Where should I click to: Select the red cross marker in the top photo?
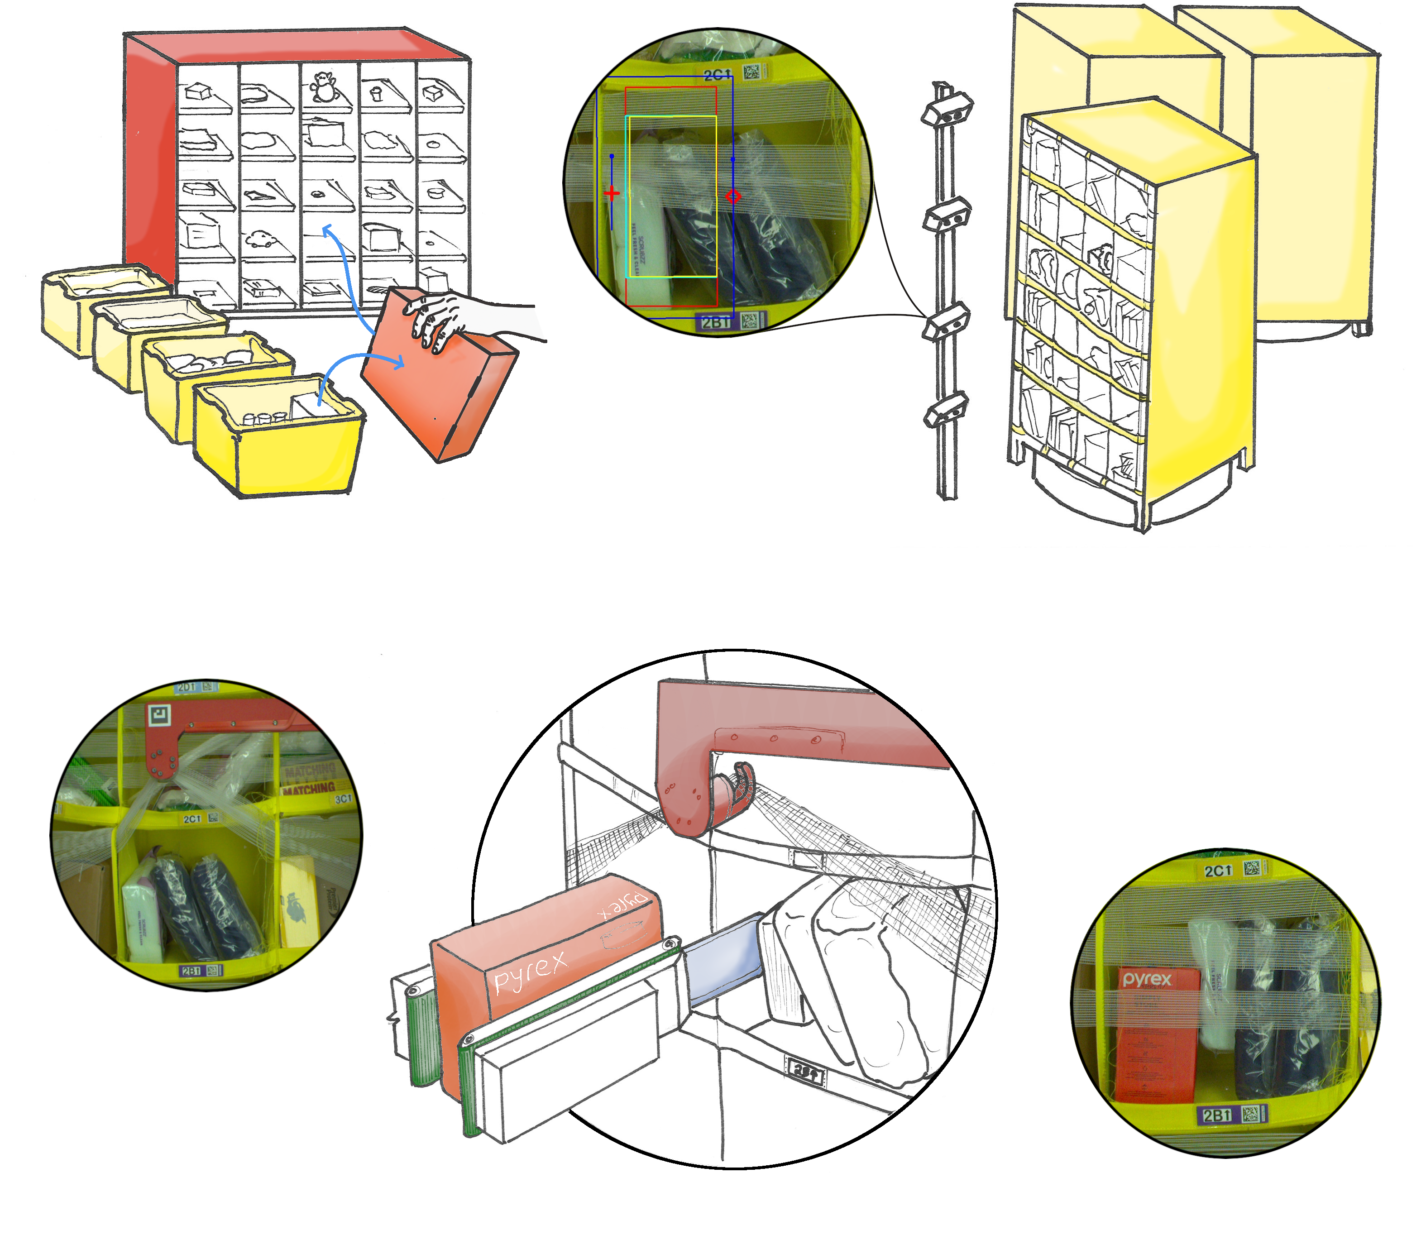[612, 193]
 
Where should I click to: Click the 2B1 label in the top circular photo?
[716, 322]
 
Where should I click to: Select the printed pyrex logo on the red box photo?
[1147, 980]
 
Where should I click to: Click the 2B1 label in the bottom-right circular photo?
[1217, 1115]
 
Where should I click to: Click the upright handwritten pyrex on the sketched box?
[530, 972]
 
